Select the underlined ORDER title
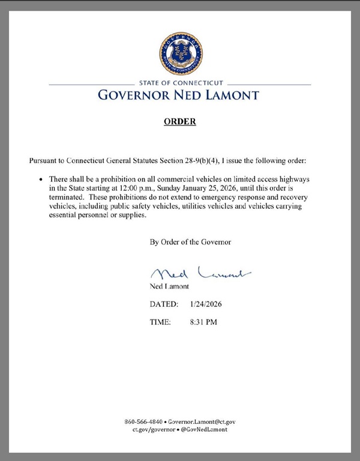pos(180,122)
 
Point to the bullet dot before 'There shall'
pos(41,180)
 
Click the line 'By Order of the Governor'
pos(190,242)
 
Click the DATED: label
pos(164,305)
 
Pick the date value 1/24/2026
pos(206,305)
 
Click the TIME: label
pos(160,322)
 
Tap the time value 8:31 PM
pos(203,322)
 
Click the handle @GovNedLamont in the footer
pos(203,430)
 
